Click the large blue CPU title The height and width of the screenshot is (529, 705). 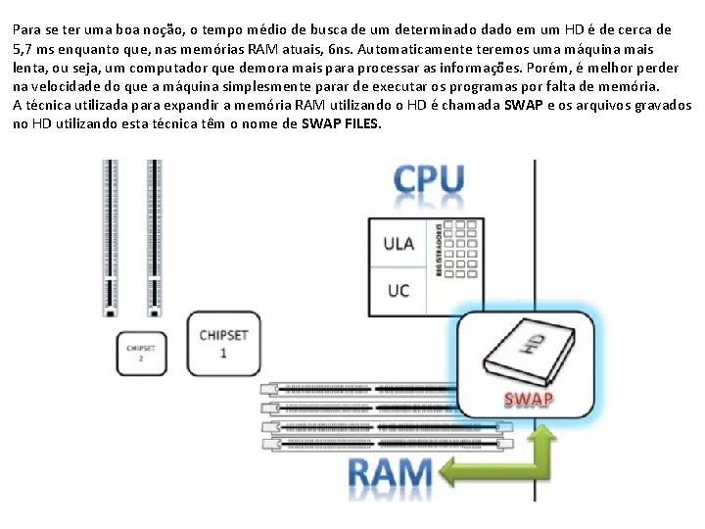click(x=429, y=181)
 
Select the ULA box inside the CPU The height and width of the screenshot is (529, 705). click(x=399, y=243)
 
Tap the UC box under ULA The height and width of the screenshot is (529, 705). click(x=399, y=291)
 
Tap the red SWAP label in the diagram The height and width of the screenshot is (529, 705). click(x=529, y=399)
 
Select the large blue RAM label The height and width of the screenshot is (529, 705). click(x=391, y=475)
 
